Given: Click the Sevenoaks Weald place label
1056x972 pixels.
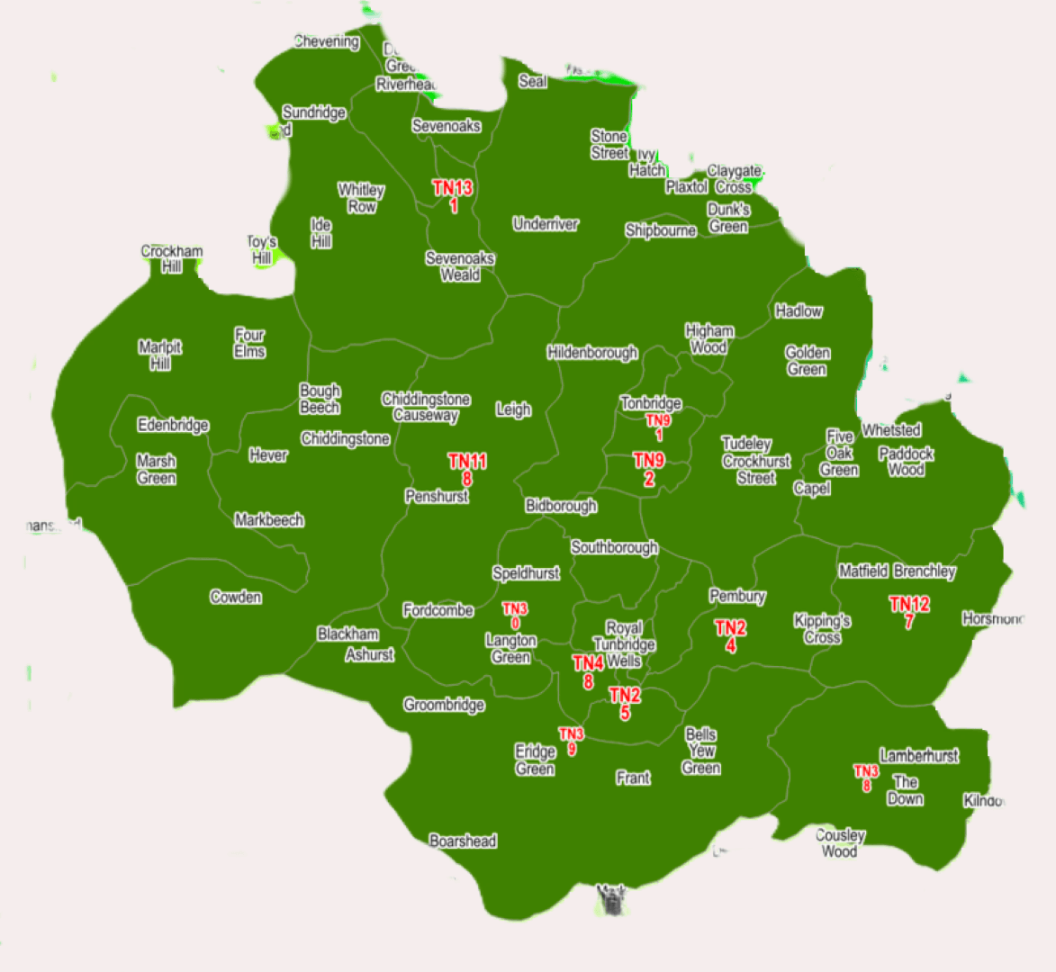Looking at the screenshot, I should click(460, 266).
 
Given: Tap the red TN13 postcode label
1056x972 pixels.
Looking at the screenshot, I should click(452, 196).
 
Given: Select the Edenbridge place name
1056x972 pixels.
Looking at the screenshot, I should click(173, 425).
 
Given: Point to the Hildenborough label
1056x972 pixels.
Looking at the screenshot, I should click(591, 352).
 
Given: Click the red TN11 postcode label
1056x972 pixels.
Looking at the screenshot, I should click(467, 469).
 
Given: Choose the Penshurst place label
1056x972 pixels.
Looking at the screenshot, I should click(437, 496).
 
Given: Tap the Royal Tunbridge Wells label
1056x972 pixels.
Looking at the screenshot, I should click(624, 644).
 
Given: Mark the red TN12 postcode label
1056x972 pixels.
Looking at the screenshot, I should click(909, 612).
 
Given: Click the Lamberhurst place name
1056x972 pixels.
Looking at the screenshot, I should click(918, 755).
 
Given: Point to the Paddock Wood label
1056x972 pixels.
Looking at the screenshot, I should click(906, 462).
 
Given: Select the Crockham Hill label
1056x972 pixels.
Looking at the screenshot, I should click(172, 258).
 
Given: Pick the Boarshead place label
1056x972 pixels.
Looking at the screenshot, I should click(463, 841).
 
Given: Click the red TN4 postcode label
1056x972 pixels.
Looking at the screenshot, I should click(588, 671).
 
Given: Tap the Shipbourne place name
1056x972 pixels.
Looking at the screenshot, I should click(661, 230).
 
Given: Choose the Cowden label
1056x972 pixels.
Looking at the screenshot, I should click(236, 597).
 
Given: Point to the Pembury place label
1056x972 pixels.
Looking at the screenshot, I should click(737, 596).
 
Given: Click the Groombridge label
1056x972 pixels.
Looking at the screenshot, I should click(444, 704).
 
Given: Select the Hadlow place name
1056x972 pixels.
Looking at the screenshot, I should click(799, 310).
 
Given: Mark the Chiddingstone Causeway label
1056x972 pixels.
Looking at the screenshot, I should click(426, 407).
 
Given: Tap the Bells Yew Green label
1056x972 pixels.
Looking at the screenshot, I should click(701, 751).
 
